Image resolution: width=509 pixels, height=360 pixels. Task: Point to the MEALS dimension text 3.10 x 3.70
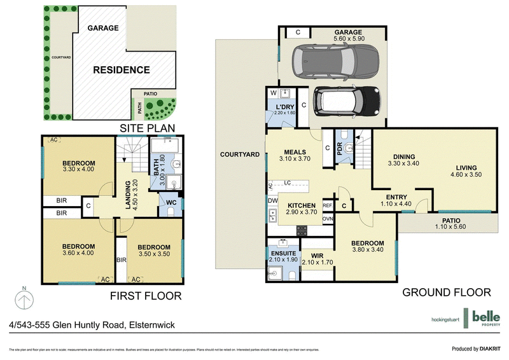(295, 158)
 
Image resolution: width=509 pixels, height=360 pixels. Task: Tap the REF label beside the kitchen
(328, 205)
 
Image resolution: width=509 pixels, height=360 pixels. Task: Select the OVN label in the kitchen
(328, 219)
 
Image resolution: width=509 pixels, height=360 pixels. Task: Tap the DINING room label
(404, 156)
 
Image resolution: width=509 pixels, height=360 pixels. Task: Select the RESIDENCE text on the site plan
(122, 70)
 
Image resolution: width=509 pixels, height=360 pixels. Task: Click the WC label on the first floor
(171, 203)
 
